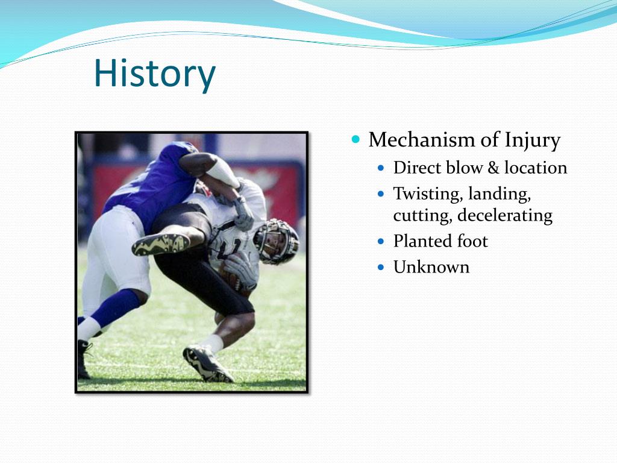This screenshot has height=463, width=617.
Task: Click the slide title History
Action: pyautogui.click(x=155, y=74)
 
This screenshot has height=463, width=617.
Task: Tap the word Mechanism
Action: pyautogui.click(x=421, y=139)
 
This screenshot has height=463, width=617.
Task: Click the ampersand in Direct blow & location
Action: pyautogui.click(x=493, y=168)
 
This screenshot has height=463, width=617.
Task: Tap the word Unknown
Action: pyautogui.click(x=431, y=267)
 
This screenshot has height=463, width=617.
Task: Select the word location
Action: pyautogui.click(x=536, y=168)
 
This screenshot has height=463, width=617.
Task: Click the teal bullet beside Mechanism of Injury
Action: pyautogui.click(x=356, y=139)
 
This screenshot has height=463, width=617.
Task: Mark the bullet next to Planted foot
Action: pyautogui.click(x=381, y=241)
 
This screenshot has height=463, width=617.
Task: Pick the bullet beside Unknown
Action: pyautogui.click(x=381, y=267)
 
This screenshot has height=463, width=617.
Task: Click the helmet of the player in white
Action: pyautogui.click(x=277, y=241)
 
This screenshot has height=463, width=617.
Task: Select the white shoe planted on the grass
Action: pyautogui.click(x=207, y=364)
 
